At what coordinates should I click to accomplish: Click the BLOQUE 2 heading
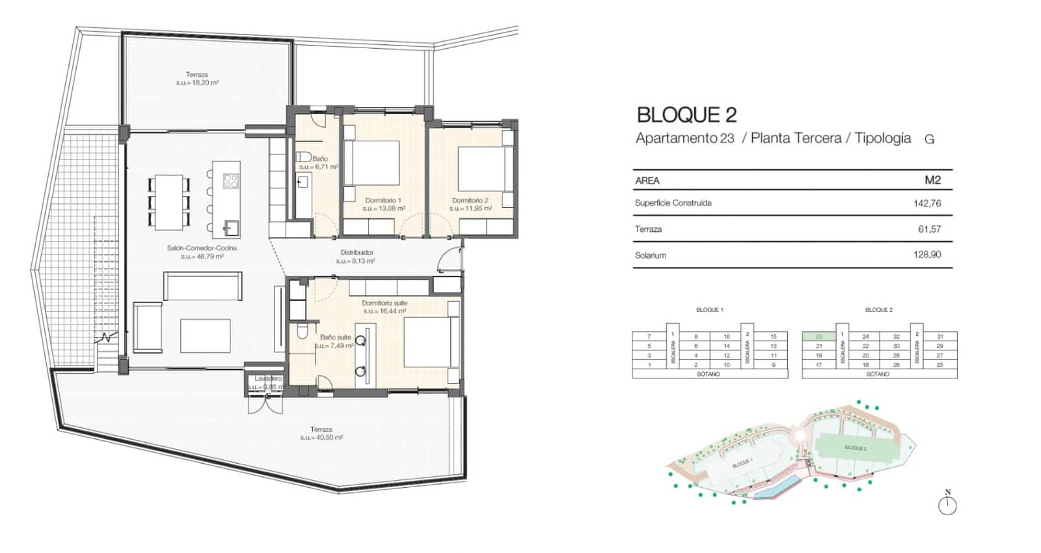tap(686, 115)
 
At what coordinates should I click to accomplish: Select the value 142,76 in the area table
tap(926, 203)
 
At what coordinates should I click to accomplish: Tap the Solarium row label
tap(650, 255)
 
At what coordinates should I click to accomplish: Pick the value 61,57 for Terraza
tap(929, 229)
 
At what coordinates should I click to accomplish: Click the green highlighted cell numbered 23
tap(818, 337)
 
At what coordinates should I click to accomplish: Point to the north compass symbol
tap(947, 504)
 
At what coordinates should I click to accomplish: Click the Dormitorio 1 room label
tap(383, 201)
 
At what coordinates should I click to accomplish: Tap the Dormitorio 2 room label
tap(470, 201)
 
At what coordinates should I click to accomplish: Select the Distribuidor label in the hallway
tap(357, 253)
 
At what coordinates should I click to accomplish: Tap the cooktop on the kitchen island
tap(231, 180)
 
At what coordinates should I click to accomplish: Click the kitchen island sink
tap(231, 227)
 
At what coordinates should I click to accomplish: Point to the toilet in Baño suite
tap(302, 332)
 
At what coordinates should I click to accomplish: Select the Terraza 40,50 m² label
tap(321, 433)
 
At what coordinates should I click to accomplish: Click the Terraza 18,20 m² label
tap(196, 79)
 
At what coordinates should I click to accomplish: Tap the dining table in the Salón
tap(169, 202)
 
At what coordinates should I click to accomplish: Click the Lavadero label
tap(267, 378)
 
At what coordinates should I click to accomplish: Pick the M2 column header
tap(932, 180)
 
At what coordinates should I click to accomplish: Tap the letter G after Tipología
tap(929, 139)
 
